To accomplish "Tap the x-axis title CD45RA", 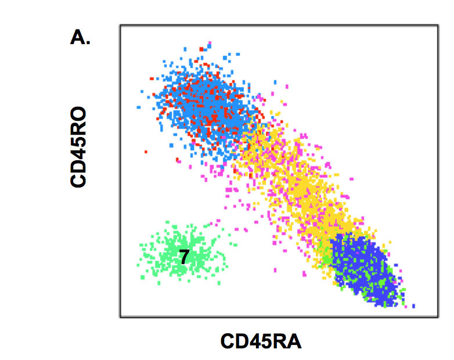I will [x=261, y=341].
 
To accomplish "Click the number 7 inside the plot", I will [x=183, y=257].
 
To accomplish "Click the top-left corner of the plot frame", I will [x=120, y=26].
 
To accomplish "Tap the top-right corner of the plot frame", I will [x=437, y=26].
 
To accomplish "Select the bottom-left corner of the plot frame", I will [x=120, y=317].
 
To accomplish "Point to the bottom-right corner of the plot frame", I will [x=437, y=317].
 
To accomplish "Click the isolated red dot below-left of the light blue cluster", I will [x=146, y=152].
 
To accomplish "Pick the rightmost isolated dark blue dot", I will [x=413, y=305].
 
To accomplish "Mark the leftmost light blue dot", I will [x=138, y=107].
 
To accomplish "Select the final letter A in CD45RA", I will [x=294, y=341].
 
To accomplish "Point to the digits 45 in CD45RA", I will [x=261, y=341].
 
